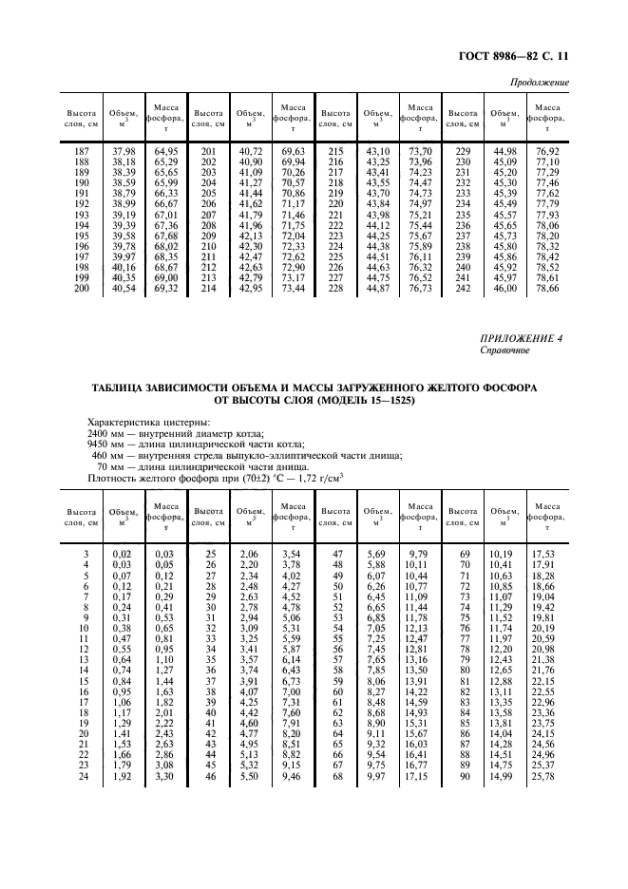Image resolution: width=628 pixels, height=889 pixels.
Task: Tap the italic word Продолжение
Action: click(540, 83)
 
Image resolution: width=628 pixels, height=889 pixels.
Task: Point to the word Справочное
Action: click(504, 350)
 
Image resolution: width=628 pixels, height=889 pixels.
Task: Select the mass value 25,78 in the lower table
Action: click(542, 778)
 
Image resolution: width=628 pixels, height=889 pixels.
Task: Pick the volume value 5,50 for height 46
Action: click(249, 778)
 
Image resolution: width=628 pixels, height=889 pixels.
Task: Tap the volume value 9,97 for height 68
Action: click(376, 778)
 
